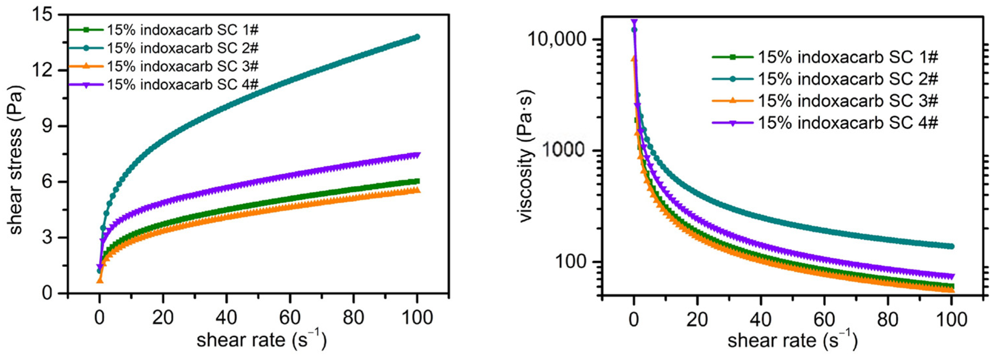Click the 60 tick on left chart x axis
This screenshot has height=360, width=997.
click(290, 317)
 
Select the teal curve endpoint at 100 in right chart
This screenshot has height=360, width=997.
click(952, 246)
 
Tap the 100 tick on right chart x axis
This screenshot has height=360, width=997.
click(952, 320)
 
